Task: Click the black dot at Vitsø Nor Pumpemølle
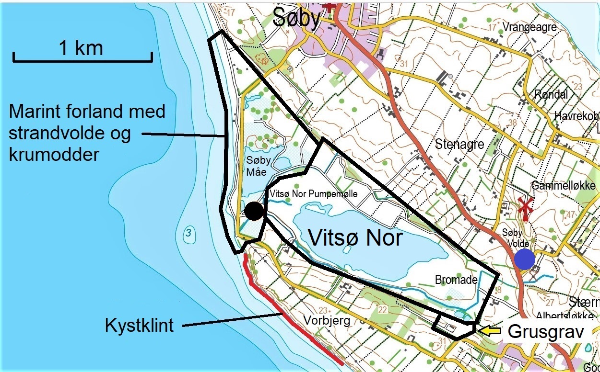[x=254, y=211]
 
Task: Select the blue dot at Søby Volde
[x=525, y=259]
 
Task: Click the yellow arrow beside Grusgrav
[x=490, y=330]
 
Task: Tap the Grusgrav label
[x=546, y=331]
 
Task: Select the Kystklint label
[x=139, y=326]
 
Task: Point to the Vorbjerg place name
[x=324, y=320]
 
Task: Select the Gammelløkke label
[x=564, y=186]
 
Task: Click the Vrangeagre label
[x=529, y=27]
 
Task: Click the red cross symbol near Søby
[x=329, y=6]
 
